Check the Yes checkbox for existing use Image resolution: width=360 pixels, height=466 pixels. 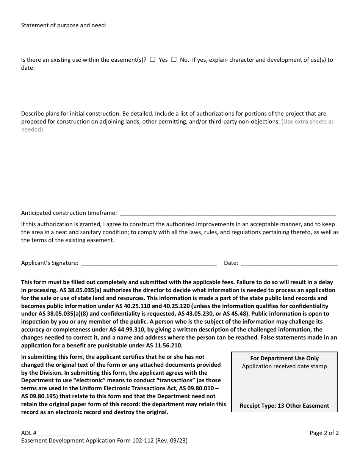(152, 59)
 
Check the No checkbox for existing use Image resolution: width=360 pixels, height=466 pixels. (174, 59)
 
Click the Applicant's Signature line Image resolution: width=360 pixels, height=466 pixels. (149, 263)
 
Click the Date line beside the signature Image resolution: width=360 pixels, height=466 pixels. (289, 263)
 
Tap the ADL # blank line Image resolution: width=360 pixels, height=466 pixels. (62, 433)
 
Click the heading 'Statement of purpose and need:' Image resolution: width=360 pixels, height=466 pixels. (64, 25)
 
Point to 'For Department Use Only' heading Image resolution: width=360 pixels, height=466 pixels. (284, 358)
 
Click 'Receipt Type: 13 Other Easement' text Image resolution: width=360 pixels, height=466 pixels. (284, 406)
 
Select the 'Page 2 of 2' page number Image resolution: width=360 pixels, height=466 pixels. (324, 433)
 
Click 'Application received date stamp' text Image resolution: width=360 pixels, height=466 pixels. (284, 366)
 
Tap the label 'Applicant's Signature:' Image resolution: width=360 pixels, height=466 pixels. (50, 263)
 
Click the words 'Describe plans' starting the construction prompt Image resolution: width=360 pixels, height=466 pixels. (39, 113)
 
